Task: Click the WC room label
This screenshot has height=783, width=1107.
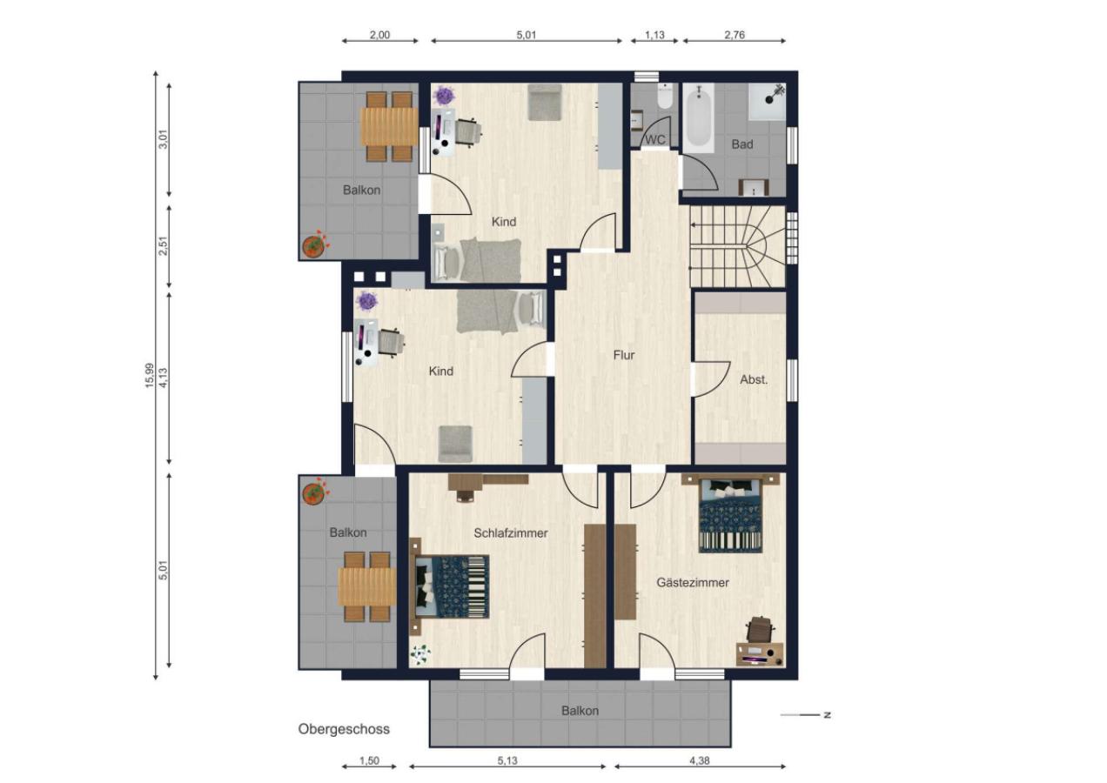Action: click(x=655, y=140)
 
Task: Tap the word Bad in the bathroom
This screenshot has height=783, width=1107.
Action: click(x=742, y=144)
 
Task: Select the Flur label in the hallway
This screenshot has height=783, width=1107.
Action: click(x=624, y=355)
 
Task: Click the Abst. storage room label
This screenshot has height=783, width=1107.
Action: click(x=754, y=380)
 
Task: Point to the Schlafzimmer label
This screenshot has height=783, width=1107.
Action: click(x=511, y=533)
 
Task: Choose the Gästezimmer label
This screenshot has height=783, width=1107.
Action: click(x=693, y=583)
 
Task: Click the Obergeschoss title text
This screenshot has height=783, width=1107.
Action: click(x=344, y=729)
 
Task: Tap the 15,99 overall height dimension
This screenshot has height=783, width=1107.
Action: click(x=150, y=376)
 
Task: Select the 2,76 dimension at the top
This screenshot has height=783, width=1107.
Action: click(x=735, y=35)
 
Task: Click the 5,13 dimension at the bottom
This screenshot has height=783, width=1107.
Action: click(x=507, y=760)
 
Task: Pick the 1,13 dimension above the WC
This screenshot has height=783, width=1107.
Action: click(x=654, y=35)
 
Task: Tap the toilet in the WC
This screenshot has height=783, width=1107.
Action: click(x=665, y=97)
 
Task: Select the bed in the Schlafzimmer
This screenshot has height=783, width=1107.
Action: click(x=449, y=586)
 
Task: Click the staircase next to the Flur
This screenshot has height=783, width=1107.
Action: click(x=737, y=246)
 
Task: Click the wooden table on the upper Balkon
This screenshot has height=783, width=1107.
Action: click(x=388, y=126)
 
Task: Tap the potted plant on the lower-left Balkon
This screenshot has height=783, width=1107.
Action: click(x=314, y=492)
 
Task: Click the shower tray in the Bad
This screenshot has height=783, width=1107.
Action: click(x=767, y=101)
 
